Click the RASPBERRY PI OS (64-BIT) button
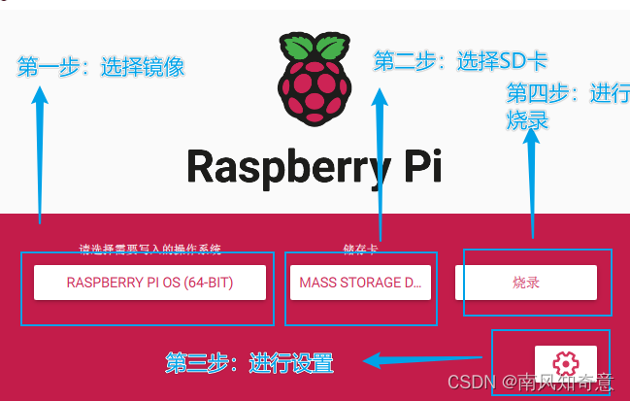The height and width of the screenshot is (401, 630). coord(150,283)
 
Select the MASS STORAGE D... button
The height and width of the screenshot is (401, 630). coord(361,283)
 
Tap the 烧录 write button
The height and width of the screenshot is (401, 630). coord(525,283)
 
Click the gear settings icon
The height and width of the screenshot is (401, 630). coord(565,363)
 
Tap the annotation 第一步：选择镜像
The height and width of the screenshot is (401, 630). coord(101,67)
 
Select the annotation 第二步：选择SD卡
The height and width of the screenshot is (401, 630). coord(460,61)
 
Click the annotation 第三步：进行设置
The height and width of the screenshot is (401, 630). coord(249,364)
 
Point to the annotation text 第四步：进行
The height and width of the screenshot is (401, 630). coord(567,93)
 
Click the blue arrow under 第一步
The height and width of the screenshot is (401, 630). coord(40,155)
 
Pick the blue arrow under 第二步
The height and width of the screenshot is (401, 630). coord(380,165)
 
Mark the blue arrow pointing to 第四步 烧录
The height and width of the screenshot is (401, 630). coord(531,184)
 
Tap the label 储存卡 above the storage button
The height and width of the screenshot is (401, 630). coord(360,249)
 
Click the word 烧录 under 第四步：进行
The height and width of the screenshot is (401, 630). coord(528,119)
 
